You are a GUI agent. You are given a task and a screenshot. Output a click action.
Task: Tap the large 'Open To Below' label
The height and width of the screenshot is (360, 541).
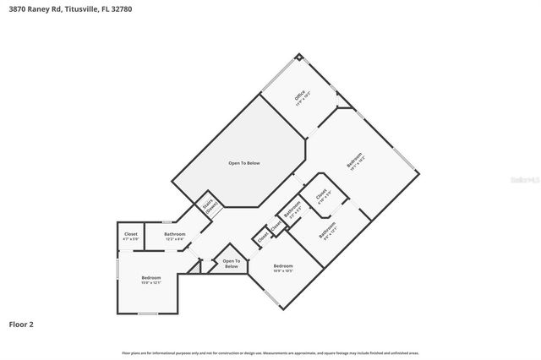(243, 162)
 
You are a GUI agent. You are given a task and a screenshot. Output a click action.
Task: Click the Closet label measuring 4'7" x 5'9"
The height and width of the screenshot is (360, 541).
(130, 236)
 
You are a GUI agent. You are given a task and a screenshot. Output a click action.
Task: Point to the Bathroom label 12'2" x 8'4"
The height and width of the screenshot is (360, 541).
(175, 236)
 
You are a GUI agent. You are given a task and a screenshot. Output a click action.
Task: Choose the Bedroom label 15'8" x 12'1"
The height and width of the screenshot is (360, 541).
(150, 280)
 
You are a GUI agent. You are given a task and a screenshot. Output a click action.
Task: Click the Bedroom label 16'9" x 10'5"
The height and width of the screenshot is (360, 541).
(283, 269)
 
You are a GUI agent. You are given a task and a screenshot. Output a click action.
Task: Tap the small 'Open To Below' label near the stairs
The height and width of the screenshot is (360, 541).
(231, 263)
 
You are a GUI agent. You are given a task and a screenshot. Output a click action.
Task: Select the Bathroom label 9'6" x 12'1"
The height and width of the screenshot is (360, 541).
(327, 231)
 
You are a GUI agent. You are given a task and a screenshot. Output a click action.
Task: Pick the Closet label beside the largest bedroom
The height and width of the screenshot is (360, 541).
(320, 195)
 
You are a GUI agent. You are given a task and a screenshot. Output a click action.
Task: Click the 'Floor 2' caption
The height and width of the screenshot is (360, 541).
(21, 324)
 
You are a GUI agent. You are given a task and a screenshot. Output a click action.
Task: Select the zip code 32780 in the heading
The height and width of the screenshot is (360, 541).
(122, 8)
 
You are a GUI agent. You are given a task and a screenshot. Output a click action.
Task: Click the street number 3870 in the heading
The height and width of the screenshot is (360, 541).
(17, 8)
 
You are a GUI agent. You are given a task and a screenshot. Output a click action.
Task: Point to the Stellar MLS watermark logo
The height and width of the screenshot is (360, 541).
(521, 180)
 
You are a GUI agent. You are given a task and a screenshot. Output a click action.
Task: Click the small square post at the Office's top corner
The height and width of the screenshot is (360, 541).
(298, 58)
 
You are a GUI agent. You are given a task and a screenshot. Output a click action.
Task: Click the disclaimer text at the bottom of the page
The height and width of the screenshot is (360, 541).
(270, 352)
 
